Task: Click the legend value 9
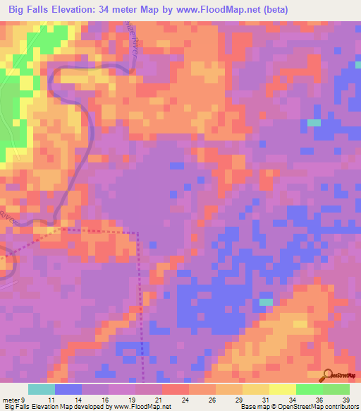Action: click(23, 399)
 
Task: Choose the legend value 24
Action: click(186, 399)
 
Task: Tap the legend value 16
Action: click(105, 399)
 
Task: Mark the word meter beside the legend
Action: click(11, 399)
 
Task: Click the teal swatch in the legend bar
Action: click(41, 389)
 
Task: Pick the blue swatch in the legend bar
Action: click(68, 389)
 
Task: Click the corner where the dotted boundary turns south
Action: click(138, 232)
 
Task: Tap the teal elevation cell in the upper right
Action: click(314, 123)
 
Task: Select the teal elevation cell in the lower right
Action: click(266, 302)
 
